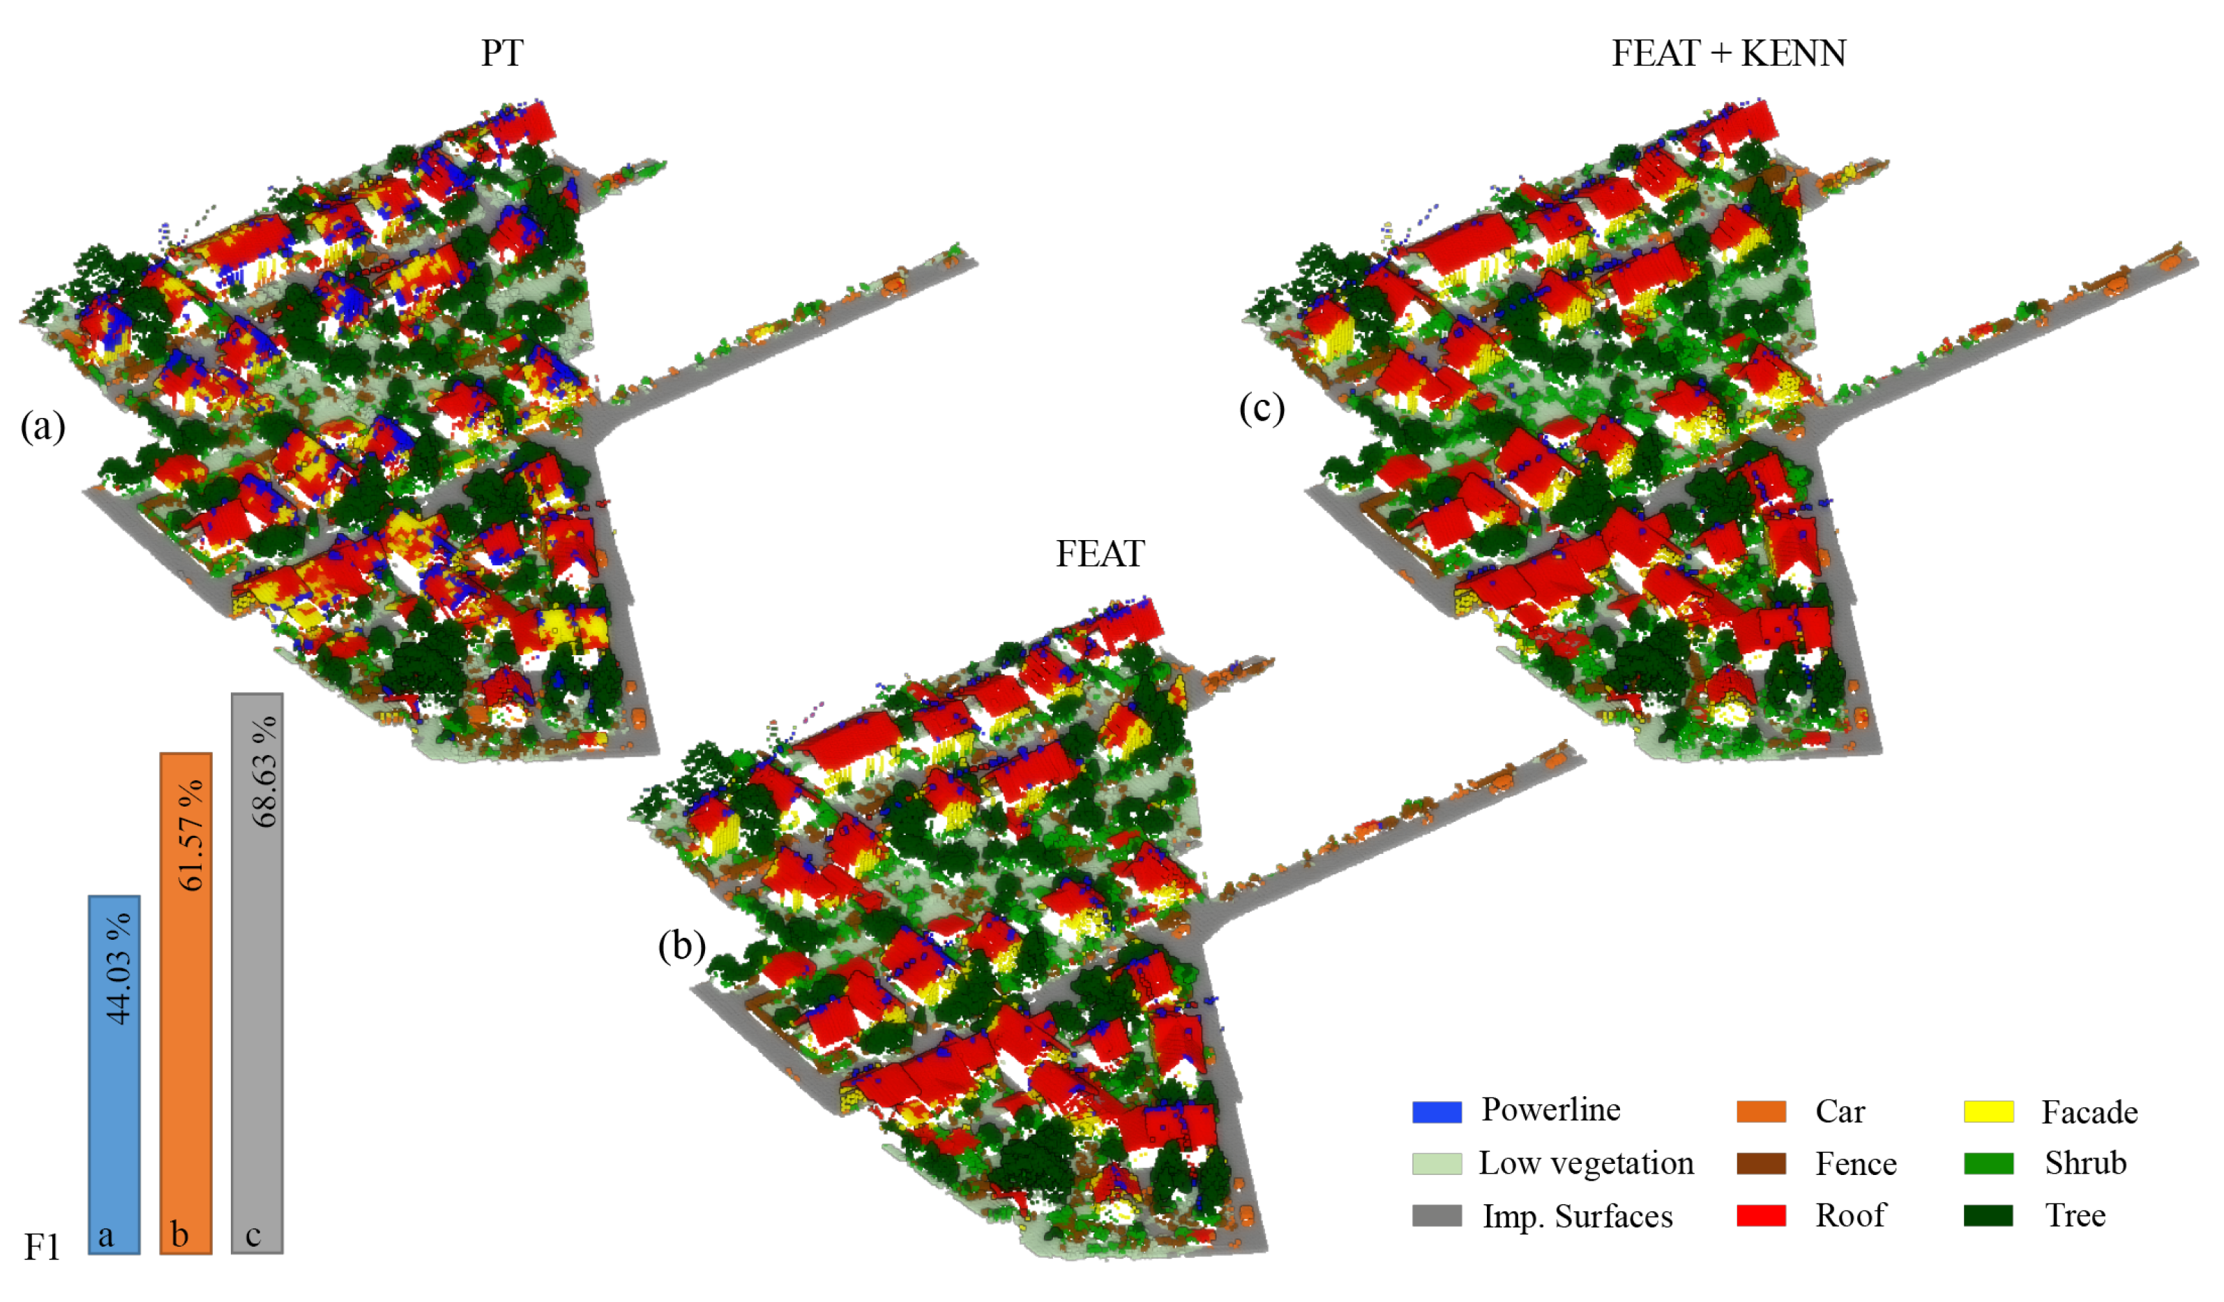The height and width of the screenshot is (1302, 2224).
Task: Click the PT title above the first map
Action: (x=502, y=53)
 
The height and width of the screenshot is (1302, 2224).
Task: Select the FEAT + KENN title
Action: (x=1728, y=53)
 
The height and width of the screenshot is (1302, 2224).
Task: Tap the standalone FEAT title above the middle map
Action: (x=1100, y=553)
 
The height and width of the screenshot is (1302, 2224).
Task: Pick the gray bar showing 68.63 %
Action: (x=257, y=972)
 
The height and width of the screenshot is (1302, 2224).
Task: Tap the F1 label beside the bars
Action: (x=41, y=1248)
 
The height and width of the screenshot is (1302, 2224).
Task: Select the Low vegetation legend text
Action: (x=1586, y=1163)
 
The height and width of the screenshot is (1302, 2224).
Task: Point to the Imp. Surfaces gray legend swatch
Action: (x=1437, y=1215)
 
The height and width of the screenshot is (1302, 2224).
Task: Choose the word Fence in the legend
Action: (x=1855, y=1163)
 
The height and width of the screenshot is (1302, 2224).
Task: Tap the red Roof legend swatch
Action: (x=1761, y=1215)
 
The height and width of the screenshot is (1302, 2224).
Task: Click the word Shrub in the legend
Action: (x=2085, y=1162)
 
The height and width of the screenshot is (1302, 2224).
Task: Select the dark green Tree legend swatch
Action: (x=1988, y=1215)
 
